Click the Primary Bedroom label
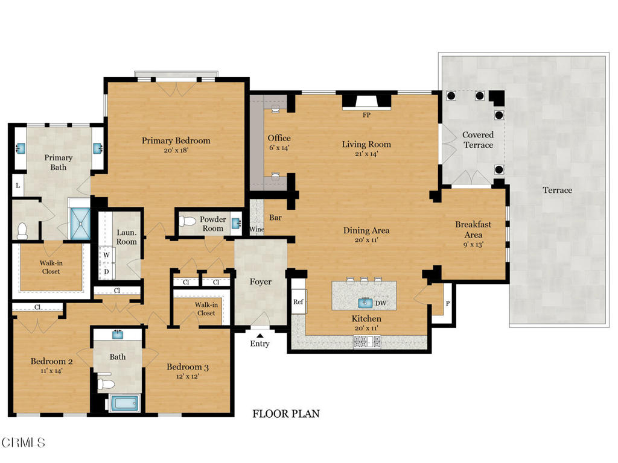tap(176, 140)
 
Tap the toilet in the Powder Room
tap(187, 221)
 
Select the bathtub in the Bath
tap(124, 403)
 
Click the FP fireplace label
tap(366, 115)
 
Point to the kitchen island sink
tap(365, 303)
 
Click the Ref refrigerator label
tap(298, 301)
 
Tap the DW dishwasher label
tap(381, 303)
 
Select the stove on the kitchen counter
tap(368, 341)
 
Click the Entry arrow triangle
tap(260, 335)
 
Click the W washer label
tap(106, 255)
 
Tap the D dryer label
tap(106, 272)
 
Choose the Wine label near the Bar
tap(256, 229)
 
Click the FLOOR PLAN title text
tap(286, 414)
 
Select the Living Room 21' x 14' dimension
tap(366, 154)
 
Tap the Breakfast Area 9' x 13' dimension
tap(473, 244)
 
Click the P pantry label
tap(448, 304)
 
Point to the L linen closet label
tap(18, 186)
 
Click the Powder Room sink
tap(236, 223)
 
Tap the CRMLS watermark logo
tap(23, 443)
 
